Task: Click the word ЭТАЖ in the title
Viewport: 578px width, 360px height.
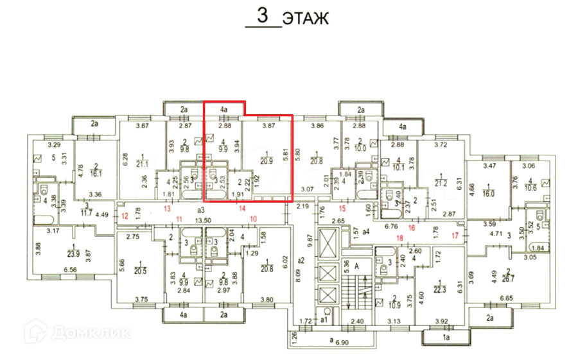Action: coord(306,18)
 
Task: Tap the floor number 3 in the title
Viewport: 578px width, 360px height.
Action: coord(262,16)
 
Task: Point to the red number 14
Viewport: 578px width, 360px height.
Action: coord(243,208)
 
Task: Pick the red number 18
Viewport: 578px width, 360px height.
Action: coord(399,238)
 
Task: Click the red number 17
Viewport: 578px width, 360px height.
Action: coord(455,236)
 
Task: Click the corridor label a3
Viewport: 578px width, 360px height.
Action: coord(200,210)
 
